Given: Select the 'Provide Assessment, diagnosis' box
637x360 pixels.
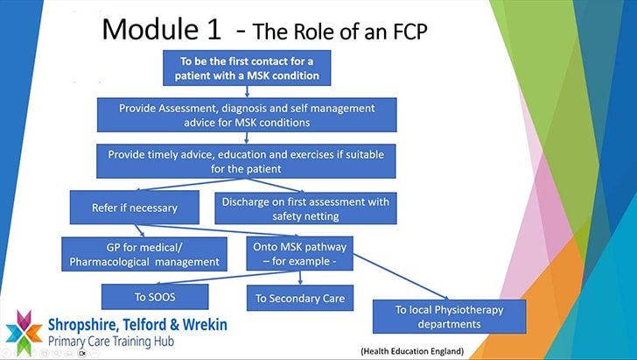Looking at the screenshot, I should (x=247, y=114).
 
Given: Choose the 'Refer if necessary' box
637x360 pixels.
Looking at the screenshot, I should (x=135, y=208).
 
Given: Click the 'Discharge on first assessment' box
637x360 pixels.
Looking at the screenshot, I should (x=305, y=208).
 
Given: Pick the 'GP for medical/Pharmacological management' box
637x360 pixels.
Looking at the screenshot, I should (x=144, y=254).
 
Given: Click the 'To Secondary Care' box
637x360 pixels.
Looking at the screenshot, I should (x=300, y=299).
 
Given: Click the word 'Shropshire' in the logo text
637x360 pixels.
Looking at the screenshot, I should (x=89, y=324).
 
